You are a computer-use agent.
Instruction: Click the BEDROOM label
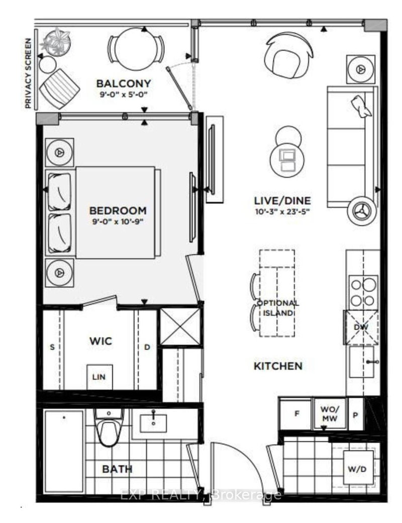tap(118, 210)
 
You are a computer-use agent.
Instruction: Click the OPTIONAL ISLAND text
tap(278, 308)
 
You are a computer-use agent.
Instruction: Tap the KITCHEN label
tap(278, 366)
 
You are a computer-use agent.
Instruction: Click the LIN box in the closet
tap(99, 376)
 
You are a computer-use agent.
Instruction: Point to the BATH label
tap(117, 469)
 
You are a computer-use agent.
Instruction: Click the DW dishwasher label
tap(359, 327)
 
